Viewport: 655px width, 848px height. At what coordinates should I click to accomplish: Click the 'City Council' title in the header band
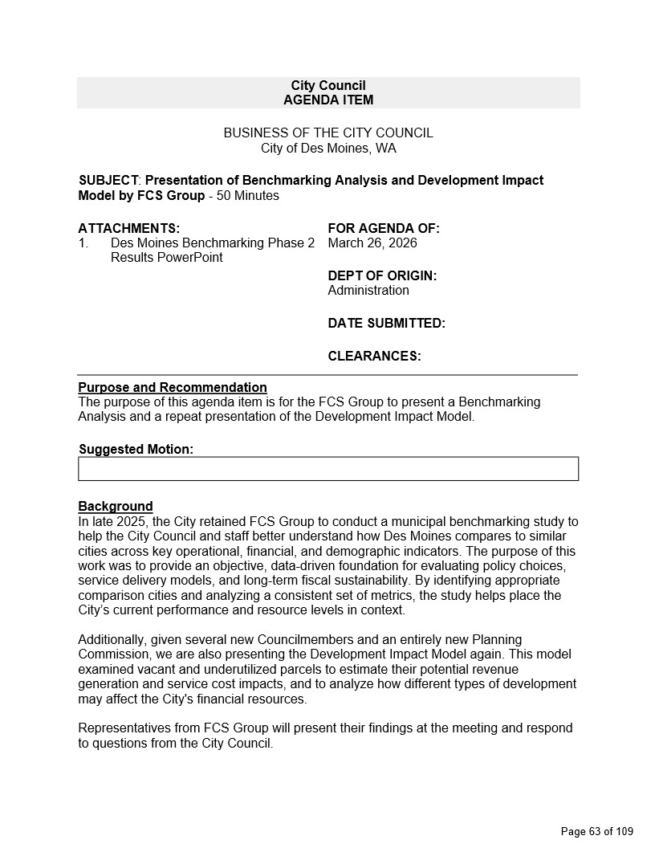(327, 86)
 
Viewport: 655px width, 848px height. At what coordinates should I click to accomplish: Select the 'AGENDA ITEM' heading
(327, 100)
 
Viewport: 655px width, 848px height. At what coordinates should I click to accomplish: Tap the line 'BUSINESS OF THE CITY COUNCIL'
(327, 133)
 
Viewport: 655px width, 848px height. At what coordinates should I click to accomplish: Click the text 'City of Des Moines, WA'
(327, 149)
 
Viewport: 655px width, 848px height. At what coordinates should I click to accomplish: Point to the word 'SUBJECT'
(109, 181)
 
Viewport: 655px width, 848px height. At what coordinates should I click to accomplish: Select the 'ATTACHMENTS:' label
(129, 229)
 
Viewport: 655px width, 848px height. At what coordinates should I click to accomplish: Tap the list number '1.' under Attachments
(83, 243)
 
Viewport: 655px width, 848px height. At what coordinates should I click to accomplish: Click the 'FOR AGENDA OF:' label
(384, 229)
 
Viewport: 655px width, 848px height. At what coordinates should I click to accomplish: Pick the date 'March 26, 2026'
(372, 243)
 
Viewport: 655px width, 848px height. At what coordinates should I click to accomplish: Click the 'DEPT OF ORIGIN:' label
(382, 276)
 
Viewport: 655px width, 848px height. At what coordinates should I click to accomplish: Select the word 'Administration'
(368, 291)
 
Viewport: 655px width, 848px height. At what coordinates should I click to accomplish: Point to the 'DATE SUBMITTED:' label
(386, 324)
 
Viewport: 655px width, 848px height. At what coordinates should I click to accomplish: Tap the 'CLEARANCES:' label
(374, 357)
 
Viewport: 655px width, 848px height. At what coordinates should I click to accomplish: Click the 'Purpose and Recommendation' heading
(173, 388)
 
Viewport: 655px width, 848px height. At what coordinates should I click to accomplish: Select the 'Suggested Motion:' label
(136, 450)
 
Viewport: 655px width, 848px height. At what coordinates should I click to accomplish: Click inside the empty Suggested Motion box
(327, 469)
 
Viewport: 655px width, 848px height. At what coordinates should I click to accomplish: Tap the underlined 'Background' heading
(116, 507)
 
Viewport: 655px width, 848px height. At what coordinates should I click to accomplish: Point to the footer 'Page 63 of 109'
(596, 831)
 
